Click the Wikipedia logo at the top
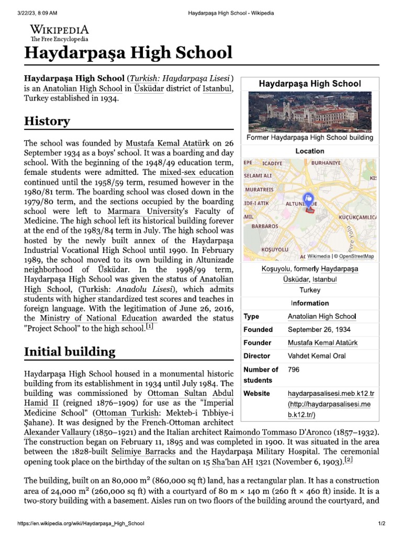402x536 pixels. coord(59,32)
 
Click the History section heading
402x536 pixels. coord(47,121)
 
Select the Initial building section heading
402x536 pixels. coord(70,352)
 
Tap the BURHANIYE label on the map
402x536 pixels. coord(326,163)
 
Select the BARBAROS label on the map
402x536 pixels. coord(265,227)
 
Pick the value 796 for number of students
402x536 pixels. coord(293,370)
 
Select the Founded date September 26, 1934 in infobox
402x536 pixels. coord(319,330)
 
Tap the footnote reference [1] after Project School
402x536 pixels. coord(150,327)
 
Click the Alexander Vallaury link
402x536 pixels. coord(57,432)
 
